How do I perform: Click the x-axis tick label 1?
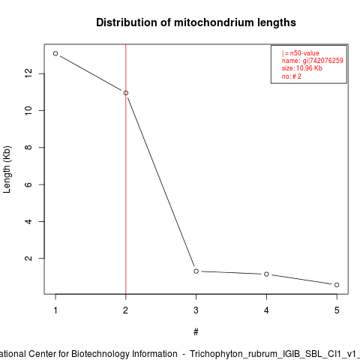coord(55,310)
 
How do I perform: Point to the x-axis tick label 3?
coord(196,310)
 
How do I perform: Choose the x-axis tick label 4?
coord(266,310)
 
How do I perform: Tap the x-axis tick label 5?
coord(337,310)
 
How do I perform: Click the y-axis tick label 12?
coord(28,73)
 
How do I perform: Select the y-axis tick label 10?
coord(28,110)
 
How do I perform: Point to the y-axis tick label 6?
coord(28,184)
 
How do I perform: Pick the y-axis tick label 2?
coord(28,258)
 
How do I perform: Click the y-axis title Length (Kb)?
coord(7,169)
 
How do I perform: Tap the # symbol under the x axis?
coord(196,332)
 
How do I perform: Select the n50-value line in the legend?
coord(301,53)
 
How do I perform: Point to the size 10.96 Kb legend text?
coord(302,68)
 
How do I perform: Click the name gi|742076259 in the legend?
coord(313,61)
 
